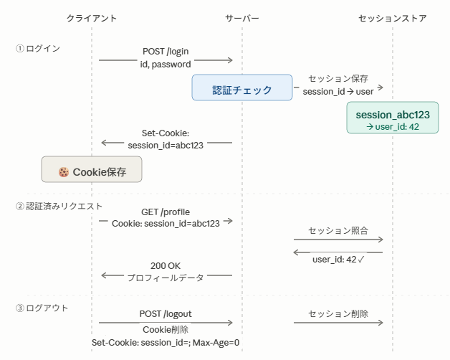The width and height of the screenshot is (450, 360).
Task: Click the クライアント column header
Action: (92, 19)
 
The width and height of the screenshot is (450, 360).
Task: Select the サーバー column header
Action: (242, 19)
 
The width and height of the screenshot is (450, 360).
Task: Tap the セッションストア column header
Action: (392, 19)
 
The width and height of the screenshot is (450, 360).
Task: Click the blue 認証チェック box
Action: (242, 87)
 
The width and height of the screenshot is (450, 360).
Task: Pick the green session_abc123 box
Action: (392, 118)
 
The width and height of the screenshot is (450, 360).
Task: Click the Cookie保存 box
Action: (92, 169)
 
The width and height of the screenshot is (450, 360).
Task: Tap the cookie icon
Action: (64, 172)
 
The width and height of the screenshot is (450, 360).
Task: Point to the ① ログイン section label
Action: (37, 48)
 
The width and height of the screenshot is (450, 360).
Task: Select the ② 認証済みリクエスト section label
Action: (59, 206)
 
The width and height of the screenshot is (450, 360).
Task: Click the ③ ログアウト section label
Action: (42, 308)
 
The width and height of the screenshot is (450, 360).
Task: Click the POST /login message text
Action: (166, 52)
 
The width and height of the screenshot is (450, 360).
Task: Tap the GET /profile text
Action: (166, 212)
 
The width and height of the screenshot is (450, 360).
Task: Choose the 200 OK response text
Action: (166, 266)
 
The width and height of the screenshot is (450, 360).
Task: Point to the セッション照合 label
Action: (338, 230)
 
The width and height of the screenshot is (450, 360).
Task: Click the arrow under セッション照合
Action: (338, 240)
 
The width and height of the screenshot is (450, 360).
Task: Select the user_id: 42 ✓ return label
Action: (338, 260)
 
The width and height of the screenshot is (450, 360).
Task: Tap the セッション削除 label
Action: (338, 313)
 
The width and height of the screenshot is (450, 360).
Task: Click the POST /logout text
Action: (166, 313)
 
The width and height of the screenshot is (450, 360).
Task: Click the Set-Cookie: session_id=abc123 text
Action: (166, 139)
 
